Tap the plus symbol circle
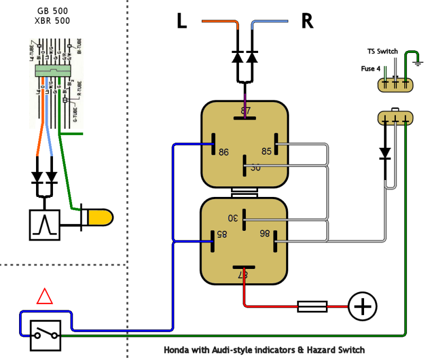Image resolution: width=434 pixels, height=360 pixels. [362, 307]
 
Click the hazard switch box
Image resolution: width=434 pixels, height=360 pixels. [45, 335]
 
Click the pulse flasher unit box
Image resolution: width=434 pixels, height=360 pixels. [45, 225]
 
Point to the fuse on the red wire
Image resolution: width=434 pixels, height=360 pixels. [312, 307]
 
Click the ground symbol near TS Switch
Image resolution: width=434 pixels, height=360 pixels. [419, 62]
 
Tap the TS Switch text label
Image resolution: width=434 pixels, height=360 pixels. [383, 51]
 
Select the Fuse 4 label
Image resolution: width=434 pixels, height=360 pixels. [371, 69]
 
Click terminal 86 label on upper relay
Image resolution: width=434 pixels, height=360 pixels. [224, 152]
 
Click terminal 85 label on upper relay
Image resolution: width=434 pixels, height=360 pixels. [266, 151]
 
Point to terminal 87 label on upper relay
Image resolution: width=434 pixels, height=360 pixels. [245, 111]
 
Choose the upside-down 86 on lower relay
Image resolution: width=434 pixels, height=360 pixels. [264, 233]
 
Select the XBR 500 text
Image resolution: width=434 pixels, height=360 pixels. [54, 21]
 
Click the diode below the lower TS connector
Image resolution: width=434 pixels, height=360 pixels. [385, 154]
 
